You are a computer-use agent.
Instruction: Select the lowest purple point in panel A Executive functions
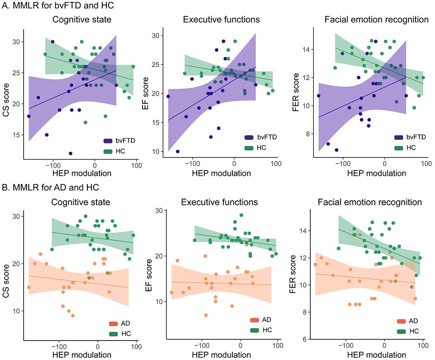click(x=178, y=151)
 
